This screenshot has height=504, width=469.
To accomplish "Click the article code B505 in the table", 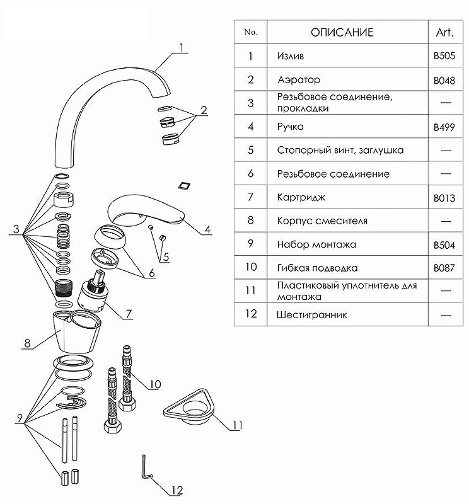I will [444, 55].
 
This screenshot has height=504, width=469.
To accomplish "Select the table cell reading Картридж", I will [301, 197].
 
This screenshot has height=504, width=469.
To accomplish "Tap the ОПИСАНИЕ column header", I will [342, 32].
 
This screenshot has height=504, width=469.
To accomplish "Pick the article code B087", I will [444, 268].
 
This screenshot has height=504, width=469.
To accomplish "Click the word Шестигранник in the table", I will [311, 314].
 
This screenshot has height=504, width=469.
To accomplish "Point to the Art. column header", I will [444, 32].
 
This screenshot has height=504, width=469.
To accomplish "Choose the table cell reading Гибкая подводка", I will [318, 268].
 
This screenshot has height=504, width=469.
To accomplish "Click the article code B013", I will [444, 198].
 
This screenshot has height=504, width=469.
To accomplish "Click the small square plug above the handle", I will [184, 184].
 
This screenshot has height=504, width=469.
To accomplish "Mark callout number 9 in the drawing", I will [20, 417].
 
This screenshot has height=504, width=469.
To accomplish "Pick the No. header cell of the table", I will [250, 32].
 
